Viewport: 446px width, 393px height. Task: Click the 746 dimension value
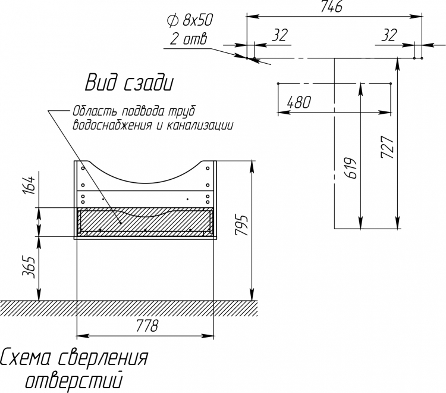331,7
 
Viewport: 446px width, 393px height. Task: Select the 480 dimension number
299,102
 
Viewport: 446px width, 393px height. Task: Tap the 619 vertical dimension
351,168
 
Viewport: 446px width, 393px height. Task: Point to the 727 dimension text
387,147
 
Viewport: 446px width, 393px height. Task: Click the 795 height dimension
242,225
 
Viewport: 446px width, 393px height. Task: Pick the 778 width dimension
147,326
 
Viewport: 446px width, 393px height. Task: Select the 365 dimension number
29,267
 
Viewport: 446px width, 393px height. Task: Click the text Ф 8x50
190,20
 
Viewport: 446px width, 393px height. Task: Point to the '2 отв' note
189,39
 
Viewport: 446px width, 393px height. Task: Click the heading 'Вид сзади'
129,83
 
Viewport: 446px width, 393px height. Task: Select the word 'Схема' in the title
26,357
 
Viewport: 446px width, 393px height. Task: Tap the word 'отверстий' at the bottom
74,380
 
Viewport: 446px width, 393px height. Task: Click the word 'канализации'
199,125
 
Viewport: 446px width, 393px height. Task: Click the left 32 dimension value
280,35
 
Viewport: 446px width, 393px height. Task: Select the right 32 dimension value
388,35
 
